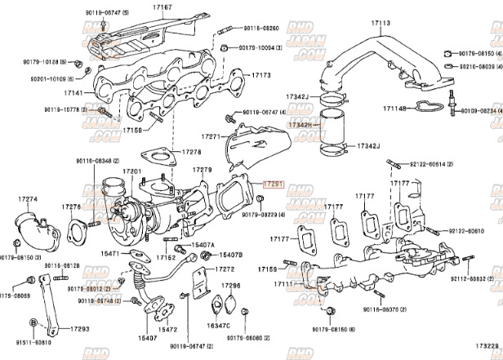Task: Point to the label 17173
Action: click(260, 75)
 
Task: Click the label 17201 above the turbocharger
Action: click(132, 171)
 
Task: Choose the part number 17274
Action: click(28, 199)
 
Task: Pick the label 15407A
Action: click(203, 245)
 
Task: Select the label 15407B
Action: click(232, 256)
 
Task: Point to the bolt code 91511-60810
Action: click(29, 343)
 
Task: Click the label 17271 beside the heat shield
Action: click(211, 137)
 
